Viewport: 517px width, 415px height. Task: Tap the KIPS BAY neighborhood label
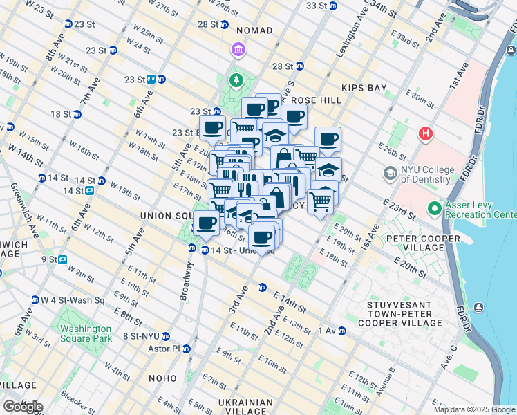366,89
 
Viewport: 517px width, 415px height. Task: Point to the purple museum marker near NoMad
238,50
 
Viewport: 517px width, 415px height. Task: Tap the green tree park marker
236,81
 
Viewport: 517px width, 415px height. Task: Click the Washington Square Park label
85,334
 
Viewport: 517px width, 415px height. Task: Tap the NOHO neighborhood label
164,378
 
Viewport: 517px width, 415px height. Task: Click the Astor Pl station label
166,349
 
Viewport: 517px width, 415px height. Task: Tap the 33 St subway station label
316,6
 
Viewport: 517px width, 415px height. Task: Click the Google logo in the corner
22,407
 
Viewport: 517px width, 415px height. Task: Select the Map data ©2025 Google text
474,409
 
